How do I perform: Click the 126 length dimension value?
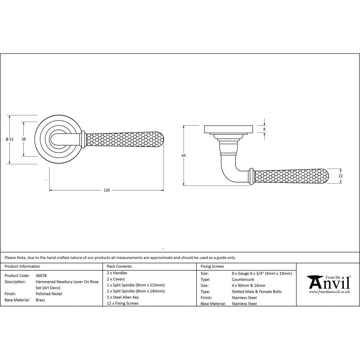click(107, 190)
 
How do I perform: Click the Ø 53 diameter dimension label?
click(10, 139)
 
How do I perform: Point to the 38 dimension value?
click(23, 139)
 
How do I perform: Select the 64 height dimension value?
click(184, 156)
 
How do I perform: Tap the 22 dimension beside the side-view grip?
click(341, 176)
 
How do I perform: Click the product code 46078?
click(41, 275)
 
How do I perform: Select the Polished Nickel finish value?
click(49, 294)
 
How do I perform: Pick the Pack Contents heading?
click(119, 266)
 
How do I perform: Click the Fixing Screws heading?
click(212, 266)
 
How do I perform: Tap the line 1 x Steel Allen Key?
click(123, 297)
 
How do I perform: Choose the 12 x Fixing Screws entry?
click(122, 303)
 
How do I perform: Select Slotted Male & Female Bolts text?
click(257, 292)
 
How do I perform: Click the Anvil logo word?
click(329, 283)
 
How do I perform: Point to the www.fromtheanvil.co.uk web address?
click(329, 292)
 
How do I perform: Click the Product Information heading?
click(22, 266)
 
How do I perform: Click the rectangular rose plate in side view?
click(229, 129)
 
